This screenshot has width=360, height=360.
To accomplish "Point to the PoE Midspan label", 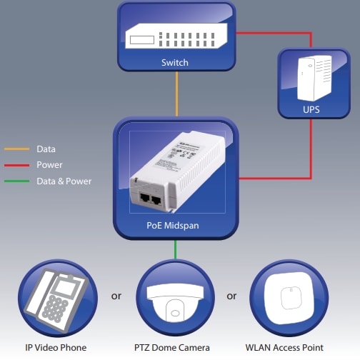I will [174, 226].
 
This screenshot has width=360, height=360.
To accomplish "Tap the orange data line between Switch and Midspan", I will [176, 94].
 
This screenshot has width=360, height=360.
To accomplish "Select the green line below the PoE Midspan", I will [176, 250].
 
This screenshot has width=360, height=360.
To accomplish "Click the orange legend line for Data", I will [16, 149].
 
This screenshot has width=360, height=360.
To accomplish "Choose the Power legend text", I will [49, 165].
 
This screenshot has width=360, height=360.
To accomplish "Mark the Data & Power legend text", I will [64, 181].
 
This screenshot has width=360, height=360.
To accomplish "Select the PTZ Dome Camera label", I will [175, 348].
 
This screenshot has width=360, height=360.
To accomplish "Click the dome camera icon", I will [175, 300].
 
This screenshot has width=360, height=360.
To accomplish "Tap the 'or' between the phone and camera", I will [116, 296].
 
